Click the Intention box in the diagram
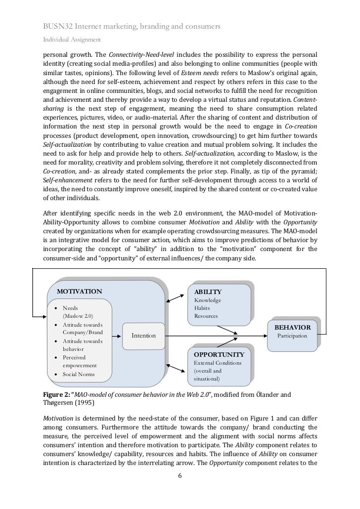coord(143,336)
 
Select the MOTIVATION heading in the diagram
coord(80,291)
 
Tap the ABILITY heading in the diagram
coord(208,292)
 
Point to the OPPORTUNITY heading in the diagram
coord(219,354)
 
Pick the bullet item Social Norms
coord(79,374)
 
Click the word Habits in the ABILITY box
coord(203,308)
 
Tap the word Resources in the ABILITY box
coord(206,316)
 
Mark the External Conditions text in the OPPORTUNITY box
coord(218,363)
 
